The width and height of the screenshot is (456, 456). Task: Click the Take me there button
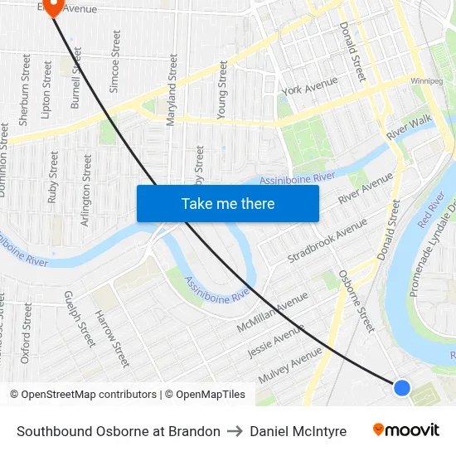pos(228,203)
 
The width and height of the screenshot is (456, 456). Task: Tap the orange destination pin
pos(54,7)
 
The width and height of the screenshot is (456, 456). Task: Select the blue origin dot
pos(401,387)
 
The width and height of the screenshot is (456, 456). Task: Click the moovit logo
pos(405,430)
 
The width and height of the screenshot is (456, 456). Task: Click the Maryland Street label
pos(172,90)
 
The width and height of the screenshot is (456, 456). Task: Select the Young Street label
pos(221,90)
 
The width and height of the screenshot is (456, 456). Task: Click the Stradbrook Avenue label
pos(327,240)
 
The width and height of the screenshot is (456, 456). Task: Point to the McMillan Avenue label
pos(272,313)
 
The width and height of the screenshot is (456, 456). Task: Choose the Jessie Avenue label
pos(277,341)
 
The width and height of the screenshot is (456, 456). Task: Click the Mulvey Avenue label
pos(289,365)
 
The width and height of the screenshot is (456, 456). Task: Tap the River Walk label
pos(410,127)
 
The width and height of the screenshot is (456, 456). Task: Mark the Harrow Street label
pos(112,338)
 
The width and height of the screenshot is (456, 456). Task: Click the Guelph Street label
pos(79,318)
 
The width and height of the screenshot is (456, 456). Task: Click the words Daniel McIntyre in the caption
pos(298,431)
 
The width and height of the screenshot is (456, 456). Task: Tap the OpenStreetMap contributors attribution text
pos(90,395)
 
